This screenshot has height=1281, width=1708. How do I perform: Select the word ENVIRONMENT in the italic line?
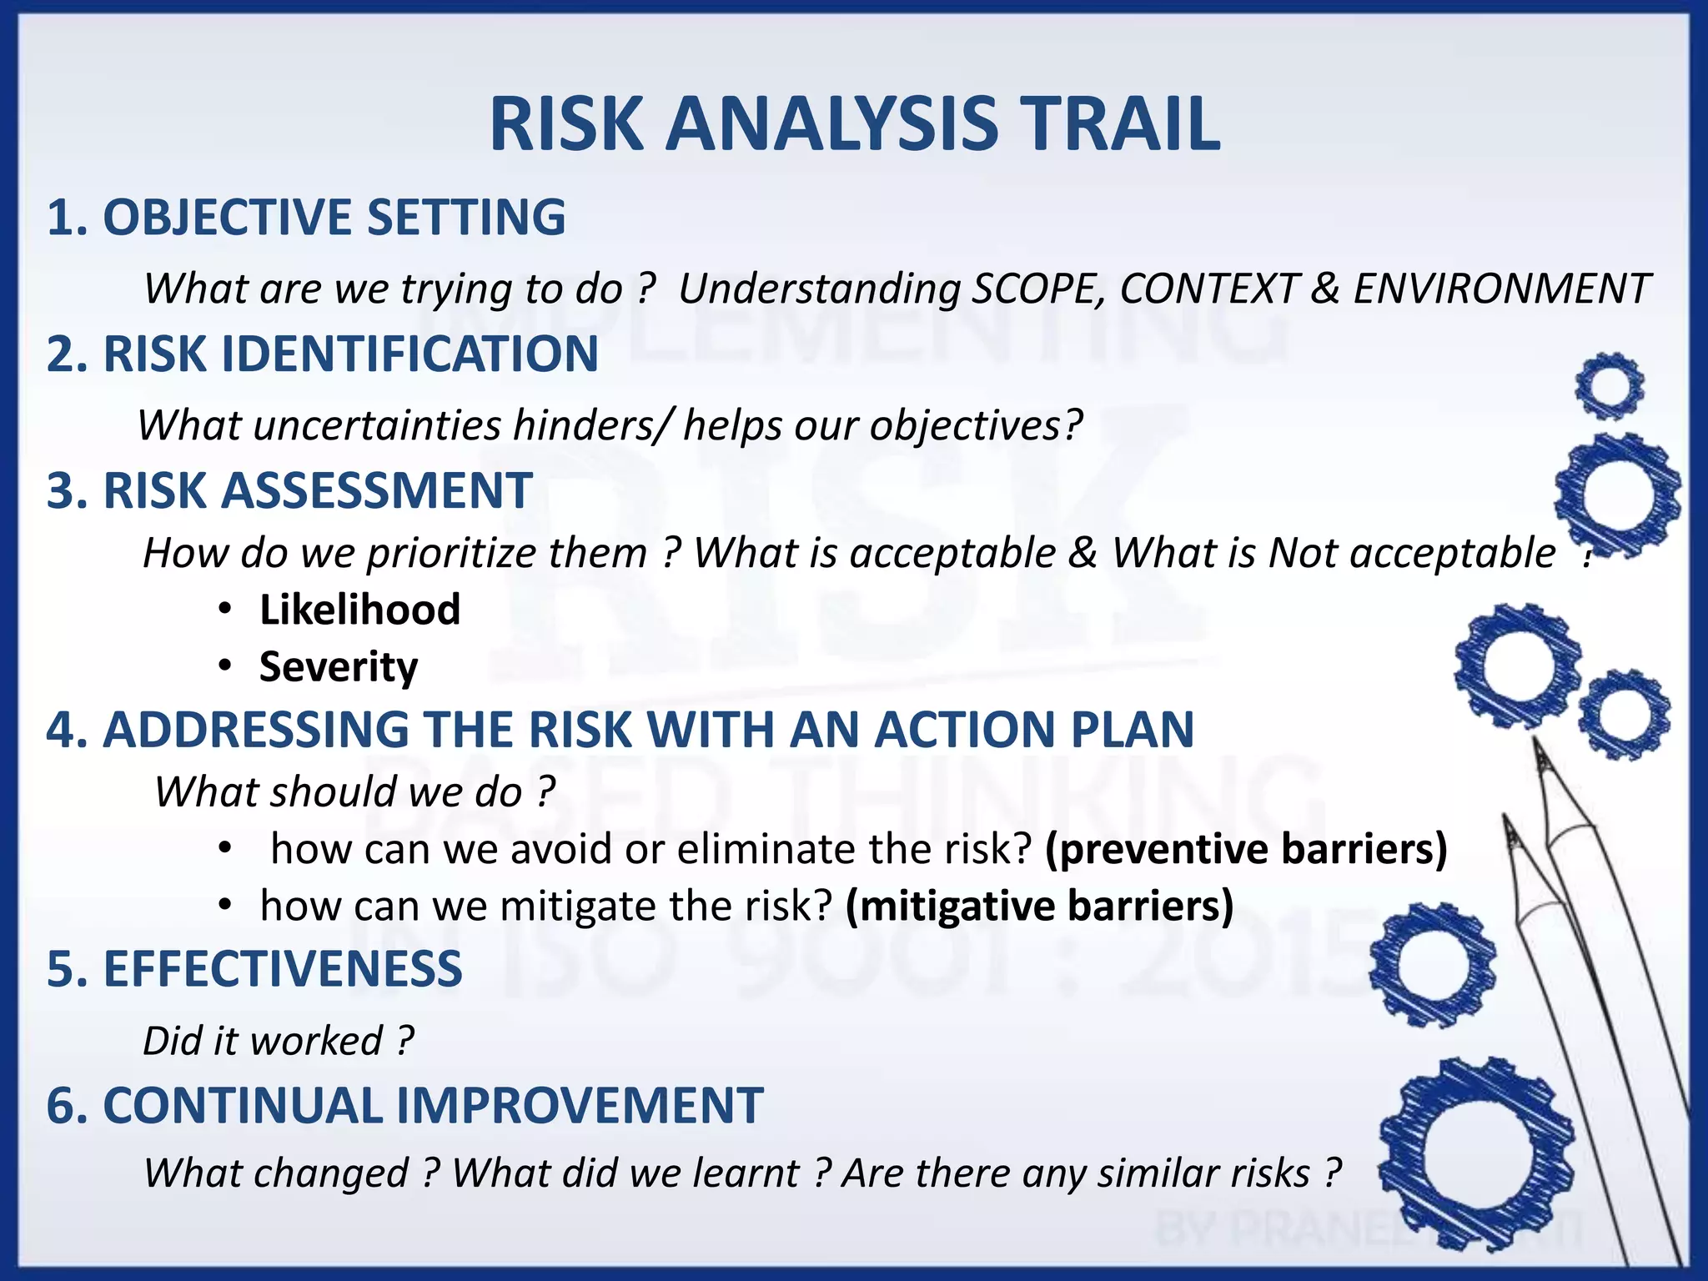click(1500, 289)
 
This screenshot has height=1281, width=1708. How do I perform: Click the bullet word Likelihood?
click(359, 610)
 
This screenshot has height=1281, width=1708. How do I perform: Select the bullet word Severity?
click(339, 667)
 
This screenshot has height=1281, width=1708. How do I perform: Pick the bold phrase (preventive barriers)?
click(1246, 849)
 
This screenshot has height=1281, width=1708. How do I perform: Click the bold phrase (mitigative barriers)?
click(1039, 907)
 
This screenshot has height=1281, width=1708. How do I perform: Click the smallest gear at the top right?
click(1609, 386)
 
